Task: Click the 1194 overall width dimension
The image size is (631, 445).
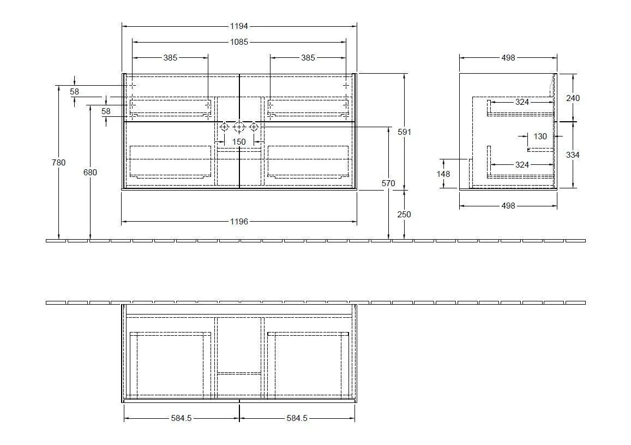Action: point(239,26)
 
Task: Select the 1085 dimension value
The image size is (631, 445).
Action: point(239,42)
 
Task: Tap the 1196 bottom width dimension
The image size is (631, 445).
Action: point(239,222)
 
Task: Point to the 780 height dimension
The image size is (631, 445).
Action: point(58,162)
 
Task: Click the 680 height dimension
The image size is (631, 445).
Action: point(90,172)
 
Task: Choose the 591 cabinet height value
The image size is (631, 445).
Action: point(404,132)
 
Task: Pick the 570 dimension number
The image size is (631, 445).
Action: point(388,183)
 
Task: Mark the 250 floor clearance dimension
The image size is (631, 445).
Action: point(404,215)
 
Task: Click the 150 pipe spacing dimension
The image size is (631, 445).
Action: point(239,141)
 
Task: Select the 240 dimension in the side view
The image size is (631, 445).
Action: point(573,98)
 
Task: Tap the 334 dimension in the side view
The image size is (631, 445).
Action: point(573,155)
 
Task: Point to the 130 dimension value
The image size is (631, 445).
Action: point(540,137)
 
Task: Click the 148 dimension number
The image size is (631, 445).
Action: point(443,174)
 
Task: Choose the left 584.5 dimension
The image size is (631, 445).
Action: point(182,418)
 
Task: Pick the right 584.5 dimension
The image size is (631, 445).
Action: point(297,418)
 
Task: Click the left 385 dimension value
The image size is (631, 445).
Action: point(170,58)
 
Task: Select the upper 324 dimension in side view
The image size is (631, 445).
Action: point(522,102)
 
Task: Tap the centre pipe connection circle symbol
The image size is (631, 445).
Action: point(239,127)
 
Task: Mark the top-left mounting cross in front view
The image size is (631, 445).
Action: point(133,86)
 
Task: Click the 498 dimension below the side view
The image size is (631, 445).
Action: point(508,206)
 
